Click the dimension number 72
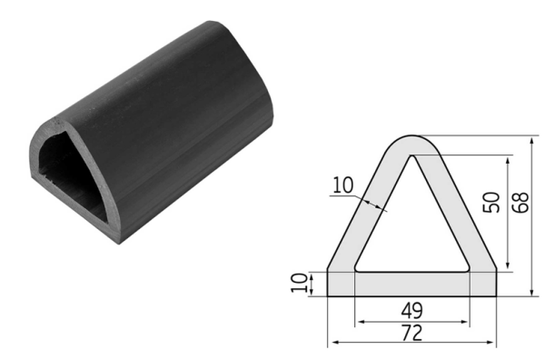click(411, 333)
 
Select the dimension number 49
click(411, 311)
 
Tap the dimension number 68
click(520, 202)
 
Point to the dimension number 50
click(491, 202)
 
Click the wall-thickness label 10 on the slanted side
click(343, 185)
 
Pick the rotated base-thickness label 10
click(299, 283)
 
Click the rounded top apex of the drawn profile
click(411, 136)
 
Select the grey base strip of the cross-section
click(411, 285)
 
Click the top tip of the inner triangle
click(412, 155)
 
